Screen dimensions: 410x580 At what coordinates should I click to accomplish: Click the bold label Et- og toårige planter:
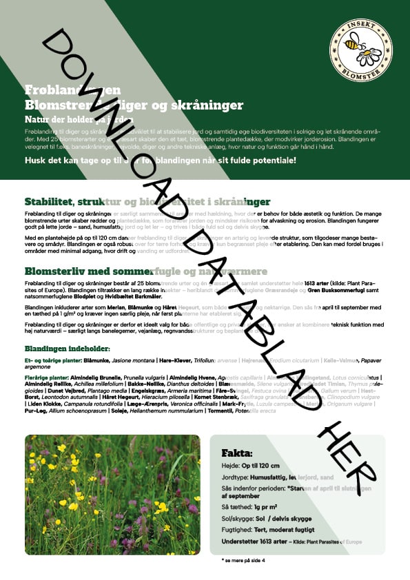(x=52, y=360)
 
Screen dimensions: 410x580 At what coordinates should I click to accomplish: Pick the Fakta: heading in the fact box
(x=236, y=453)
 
